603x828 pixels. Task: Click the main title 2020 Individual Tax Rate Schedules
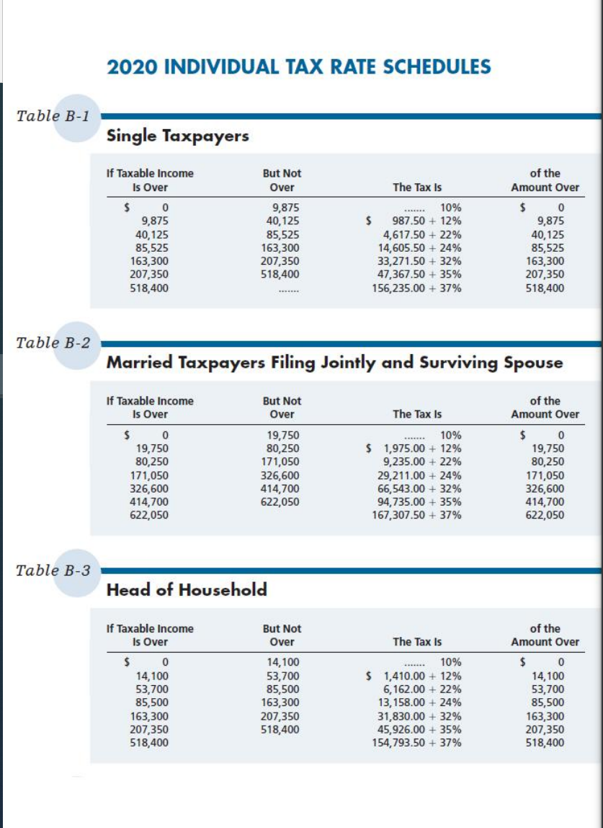pos(299,67)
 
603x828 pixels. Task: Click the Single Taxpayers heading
pos(177,136)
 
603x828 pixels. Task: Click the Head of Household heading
pos(186,590)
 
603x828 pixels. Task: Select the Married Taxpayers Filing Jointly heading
pos(334,363)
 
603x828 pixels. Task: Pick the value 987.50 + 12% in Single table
pos(425,221)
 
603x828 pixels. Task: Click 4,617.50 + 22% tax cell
pos(421,234)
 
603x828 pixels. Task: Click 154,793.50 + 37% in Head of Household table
pos(417,743)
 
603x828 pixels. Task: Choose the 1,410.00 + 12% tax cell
pos(421,677)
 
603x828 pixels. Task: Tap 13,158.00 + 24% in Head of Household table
pos(419,703)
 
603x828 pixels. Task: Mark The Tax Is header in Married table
pos(417,414)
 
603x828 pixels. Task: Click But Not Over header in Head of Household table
pos(282,635)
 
